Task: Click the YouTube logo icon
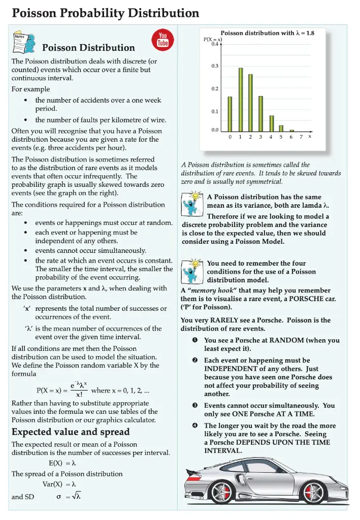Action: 163,39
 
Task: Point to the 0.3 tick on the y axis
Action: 215,66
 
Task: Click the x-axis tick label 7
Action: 301,137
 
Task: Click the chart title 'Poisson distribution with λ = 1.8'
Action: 267,32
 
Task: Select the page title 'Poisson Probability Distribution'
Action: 106,13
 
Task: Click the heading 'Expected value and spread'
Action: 71,432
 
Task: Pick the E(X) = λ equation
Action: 62,463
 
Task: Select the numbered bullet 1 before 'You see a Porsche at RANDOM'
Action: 195,340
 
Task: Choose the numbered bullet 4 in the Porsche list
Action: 195,426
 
